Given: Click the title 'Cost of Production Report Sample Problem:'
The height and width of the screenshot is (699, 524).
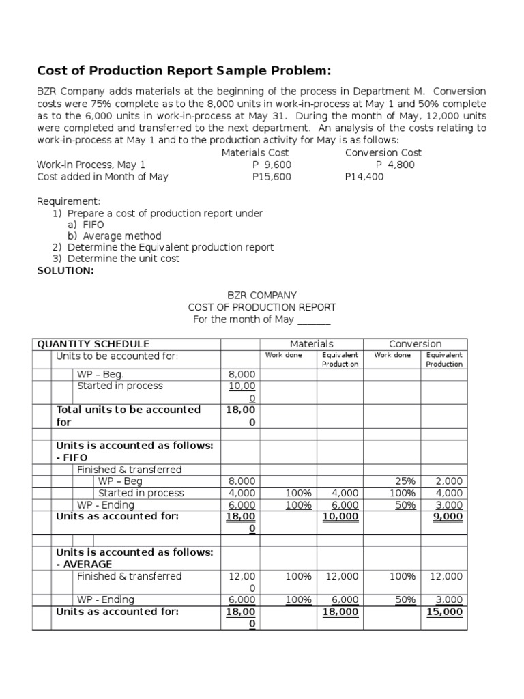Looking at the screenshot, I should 184,71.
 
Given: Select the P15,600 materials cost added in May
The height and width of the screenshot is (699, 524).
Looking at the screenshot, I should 272,177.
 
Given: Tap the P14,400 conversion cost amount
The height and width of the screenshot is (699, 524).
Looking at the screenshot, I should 364,177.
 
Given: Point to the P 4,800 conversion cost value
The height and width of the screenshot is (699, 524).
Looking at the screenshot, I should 395,165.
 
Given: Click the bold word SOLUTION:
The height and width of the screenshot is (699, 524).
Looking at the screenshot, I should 65,270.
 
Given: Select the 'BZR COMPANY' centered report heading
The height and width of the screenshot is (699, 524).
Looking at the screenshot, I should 262,295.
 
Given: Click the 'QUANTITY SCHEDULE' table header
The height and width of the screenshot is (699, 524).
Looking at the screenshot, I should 93,344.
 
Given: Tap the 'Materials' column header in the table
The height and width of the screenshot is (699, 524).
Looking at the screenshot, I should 312,344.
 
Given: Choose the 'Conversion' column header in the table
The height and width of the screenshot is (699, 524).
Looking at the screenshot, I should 415,344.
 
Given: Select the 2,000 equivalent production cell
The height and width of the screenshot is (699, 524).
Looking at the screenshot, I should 448,481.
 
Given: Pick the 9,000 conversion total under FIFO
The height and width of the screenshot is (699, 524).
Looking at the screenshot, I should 448,517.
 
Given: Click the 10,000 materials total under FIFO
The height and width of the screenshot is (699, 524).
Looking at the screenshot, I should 340,517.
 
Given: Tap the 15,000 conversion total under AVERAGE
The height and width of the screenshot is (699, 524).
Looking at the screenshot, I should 446,612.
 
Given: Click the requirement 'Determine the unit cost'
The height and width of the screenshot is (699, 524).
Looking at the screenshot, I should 123,259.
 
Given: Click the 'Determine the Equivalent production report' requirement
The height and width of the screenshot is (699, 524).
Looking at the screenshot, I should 171,247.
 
